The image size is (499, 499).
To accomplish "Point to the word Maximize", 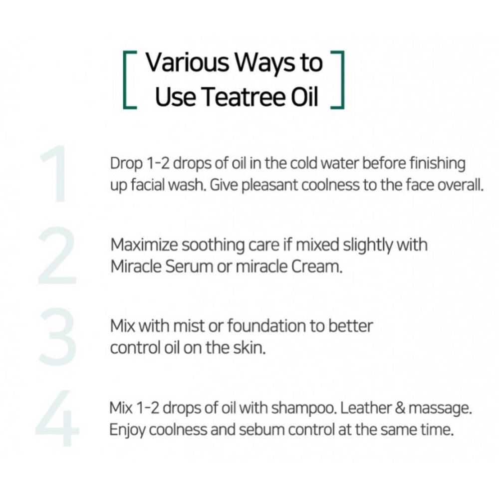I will coord(143,246).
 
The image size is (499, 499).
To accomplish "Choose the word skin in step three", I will coord(248,348).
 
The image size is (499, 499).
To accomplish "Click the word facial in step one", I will coord(141,186).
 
